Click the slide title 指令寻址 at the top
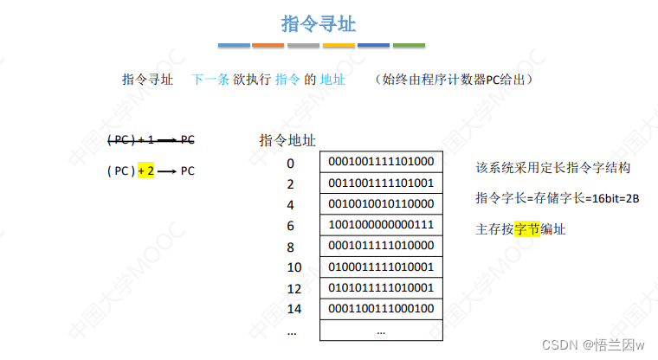coord(319,23)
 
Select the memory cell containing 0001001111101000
coord(381,162)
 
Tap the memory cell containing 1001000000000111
coord(381,225)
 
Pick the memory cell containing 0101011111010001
coord(381,287)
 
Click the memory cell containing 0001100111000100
coord(381,309)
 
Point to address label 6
coord(291,225)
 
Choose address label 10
coord(294,267)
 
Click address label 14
coord(294,309)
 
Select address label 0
coord(291,163)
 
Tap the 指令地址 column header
coord(287,140)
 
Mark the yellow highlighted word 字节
coord(527,229)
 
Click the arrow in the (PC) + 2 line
coord(166,171)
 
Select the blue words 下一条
coord(210,80)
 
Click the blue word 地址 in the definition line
coord(332,80)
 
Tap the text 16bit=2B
coord(612,198)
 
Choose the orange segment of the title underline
coord(268,45)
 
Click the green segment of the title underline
coord(409,45)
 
